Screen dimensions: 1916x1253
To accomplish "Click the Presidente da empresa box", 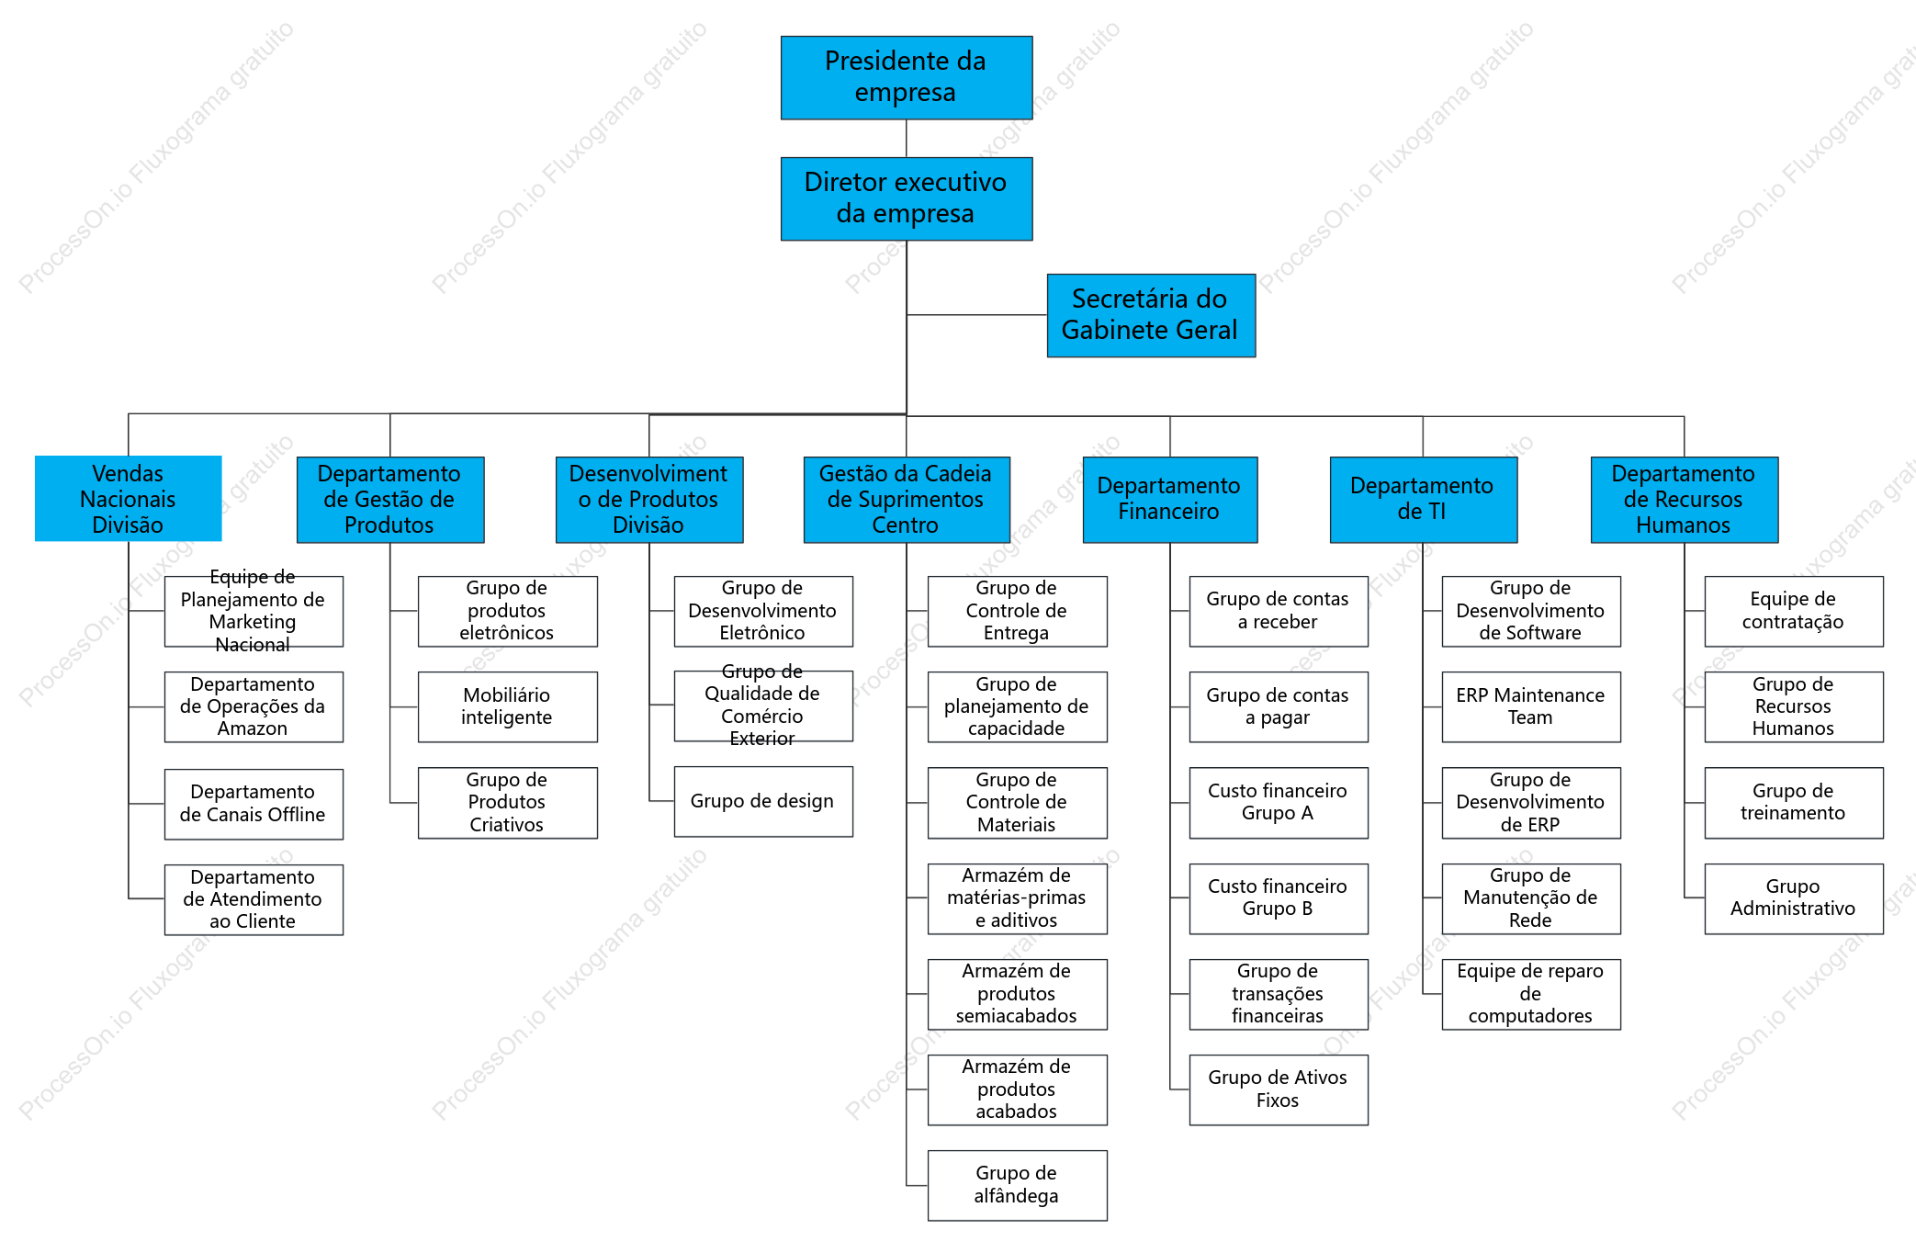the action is coord(906,78).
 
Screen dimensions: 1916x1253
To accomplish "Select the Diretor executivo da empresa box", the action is coord(906,198).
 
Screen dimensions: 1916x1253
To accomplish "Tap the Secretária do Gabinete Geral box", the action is coord(1151,315).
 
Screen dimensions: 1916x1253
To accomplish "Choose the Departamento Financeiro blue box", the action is coord(1169,500).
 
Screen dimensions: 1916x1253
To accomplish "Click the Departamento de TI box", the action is coord(1423,500).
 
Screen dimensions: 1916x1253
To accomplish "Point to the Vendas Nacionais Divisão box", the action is coord(128,499).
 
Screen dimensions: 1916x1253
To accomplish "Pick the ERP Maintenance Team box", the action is coord(1531,706).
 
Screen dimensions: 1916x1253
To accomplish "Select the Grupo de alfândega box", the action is coord(1017,1185).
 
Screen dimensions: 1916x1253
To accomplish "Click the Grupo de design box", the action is coord(763,801).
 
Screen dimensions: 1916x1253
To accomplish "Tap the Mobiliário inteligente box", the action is coord(507,706).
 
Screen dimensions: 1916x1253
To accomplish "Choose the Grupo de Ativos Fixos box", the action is coord(1279,1089).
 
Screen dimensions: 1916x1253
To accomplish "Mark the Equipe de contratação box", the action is coord(1794,611).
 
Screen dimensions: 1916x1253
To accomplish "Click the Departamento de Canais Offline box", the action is coord(254,804).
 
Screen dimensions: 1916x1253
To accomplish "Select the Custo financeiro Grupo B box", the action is coord(1279,898).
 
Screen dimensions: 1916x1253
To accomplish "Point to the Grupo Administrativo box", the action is coord(1794,898).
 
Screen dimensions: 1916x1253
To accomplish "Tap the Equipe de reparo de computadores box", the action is coord(1531,994).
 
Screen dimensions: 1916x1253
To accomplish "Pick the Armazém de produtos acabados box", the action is coord(1017,1089).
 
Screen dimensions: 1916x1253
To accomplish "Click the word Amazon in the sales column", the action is coord(253,728).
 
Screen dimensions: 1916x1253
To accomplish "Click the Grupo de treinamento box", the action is coord(1794,803).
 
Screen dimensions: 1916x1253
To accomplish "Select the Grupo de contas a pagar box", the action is coord(1279,706).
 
